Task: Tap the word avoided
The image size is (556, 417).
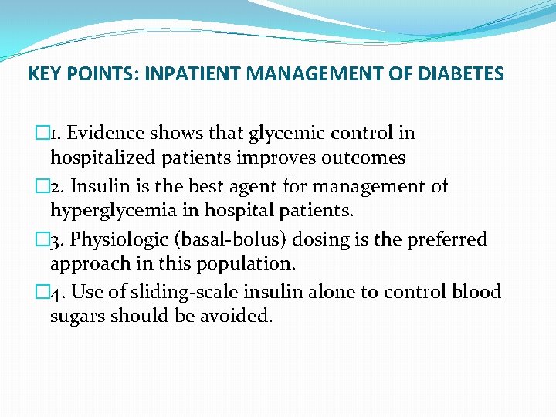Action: click(237, 317)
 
